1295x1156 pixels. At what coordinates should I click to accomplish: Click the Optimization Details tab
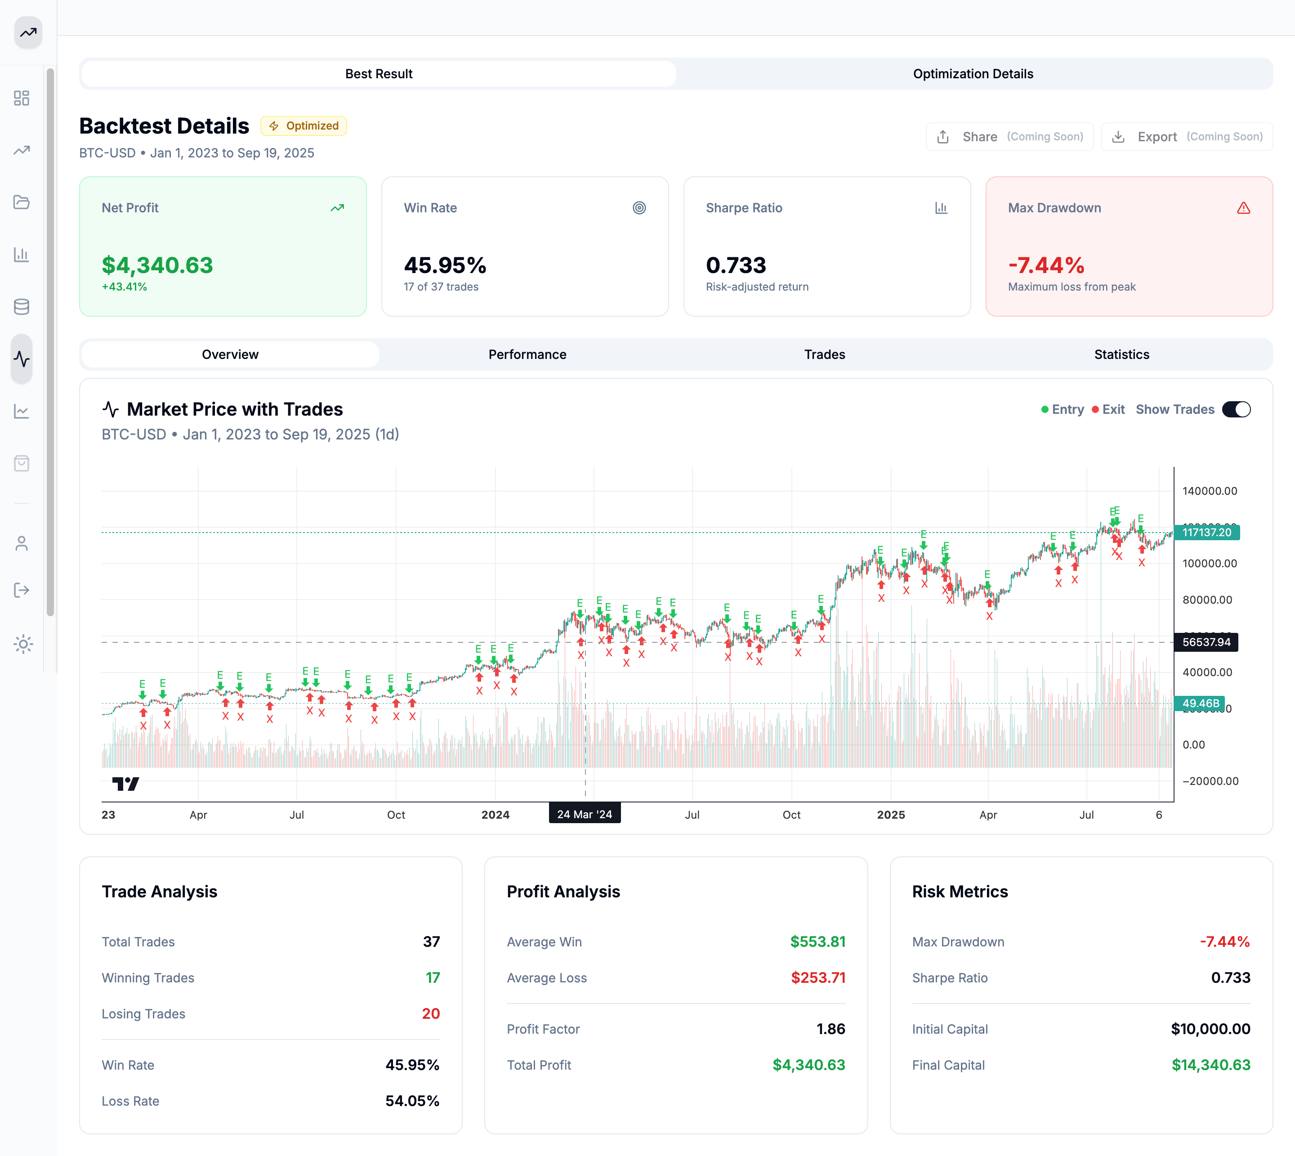click(x=973, y=74)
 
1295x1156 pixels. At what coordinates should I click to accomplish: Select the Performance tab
click(x=527, y=354)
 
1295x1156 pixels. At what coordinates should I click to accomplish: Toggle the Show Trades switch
click(x=1236, y=410)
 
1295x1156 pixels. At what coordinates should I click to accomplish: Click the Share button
click(x=1009, y=137)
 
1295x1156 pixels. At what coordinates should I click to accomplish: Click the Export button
click(x=1187, y=137)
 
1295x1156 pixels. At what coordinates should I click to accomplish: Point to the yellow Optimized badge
click(x=304, y=126)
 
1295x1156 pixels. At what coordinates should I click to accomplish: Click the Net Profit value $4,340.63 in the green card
click(x=157, y=265)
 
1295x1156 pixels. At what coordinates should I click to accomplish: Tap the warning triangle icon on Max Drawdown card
click(x=1243, y=208)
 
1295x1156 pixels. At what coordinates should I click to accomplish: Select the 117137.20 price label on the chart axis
click(x=1206, y=532)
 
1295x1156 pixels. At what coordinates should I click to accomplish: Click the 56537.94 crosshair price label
click(x=1206, y=642)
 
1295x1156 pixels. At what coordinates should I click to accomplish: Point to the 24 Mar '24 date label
click(x=584, y=814)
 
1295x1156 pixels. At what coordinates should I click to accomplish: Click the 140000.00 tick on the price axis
click(x=1209, y=491)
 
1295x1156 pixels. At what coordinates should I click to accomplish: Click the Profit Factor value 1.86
click(x=831, y=1029)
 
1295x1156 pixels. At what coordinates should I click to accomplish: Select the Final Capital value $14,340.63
click(x=1210, y=1065)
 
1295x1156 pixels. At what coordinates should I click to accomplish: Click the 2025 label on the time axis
click(x=891, y=815)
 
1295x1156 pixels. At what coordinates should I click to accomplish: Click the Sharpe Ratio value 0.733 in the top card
click(x=736, y=265)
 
